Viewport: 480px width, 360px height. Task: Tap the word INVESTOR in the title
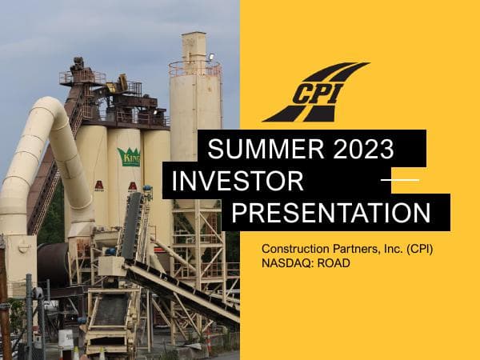[238, 182]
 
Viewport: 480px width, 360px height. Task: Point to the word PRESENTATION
[336, 214]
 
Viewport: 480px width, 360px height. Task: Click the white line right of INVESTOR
[399, 180]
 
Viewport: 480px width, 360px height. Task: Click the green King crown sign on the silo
[129, 156]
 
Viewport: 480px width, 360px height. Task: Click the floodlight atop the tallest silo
[210, 58]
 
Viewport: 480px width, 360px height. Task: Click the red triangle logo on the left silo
[99, 185]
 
